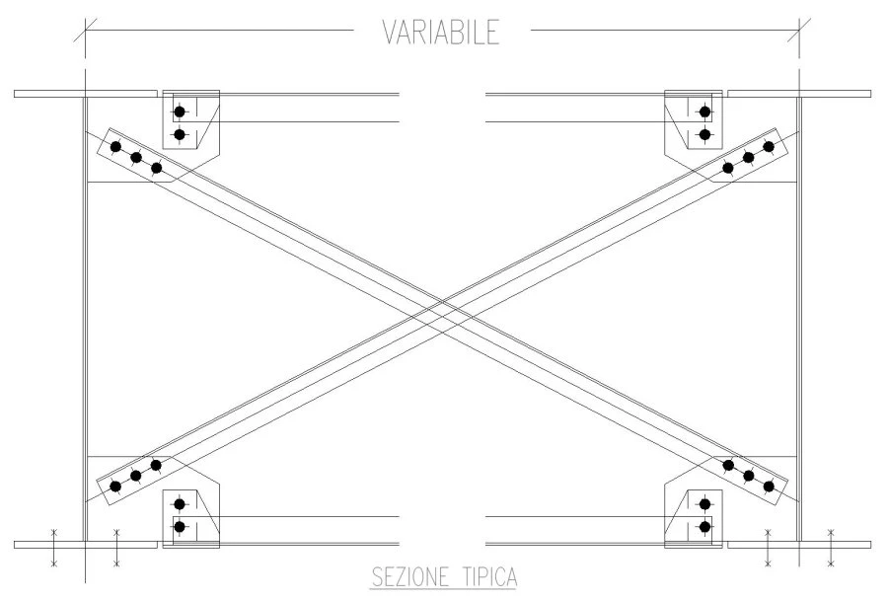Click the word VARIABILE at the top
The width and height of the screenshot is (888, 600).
441,32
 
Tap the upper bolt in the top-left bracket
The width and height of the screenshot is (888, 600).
180,112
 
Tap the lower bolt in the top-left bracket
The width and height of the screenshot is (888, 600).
180,135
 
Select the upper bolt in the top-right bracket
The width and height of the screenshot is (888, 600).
705,112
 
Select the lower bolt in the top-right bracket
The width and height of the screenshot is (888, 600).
705,135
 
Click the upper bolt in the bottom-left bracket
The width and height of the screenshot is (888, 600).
180,503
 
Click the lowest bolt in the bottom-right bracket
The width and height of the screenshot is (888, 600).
705,527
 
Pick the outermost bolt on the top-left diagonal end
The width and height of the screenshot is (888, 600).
115,147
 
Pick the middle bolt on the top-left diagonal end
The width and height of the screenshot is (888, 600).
136,158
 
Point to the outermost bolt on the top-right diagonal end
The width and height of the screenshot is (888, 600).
769,147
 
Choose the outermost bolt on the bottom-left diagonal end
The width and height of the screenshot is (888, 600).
115,487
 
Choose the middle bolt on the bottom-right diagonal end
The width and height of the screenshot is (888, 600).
749,476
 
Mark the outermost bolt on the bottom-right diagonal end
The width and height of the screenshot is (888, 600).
769,487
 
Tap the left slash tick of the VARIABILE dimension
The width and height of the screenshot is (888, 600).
85,30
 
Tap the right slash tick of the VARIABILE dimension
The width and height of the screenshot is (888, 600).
799,30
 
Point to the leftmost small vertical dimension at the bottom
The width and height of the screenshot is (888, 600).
54,548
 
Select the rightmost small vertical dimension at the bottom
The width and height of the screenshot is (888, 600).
831,548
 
